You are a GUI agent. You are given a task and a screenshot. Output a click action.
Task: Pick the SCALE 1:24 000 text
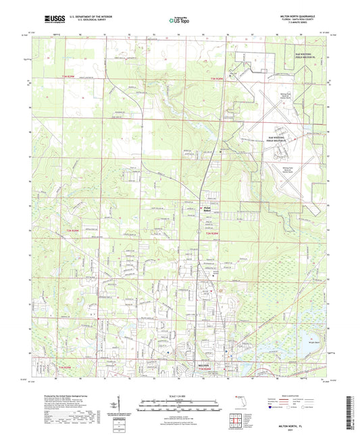click(180, 395)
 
